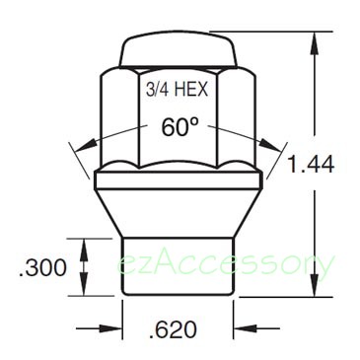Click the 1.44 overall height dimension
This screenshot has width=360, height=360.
click(x=311, y=164)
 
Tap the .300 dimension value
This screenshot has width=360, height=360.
click(x=43, y=267)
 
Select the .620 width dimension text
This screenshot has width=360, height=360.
click(x=173, y=329)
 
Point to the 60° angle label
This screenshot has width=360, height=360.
click(x=180, y=127)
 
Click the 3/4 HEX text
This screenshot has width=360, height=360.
click(x=177, y=89)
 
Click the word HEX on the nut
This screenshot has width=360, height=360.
click(x=191, y=89)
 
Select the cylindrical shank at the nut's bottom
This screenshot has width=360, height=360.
click(x=178, y=265)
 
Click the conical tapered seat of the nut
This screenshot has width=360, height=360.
click(x=179, y=213)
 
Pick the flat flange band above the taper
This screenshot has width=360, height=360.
click(x=179, y=180)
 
